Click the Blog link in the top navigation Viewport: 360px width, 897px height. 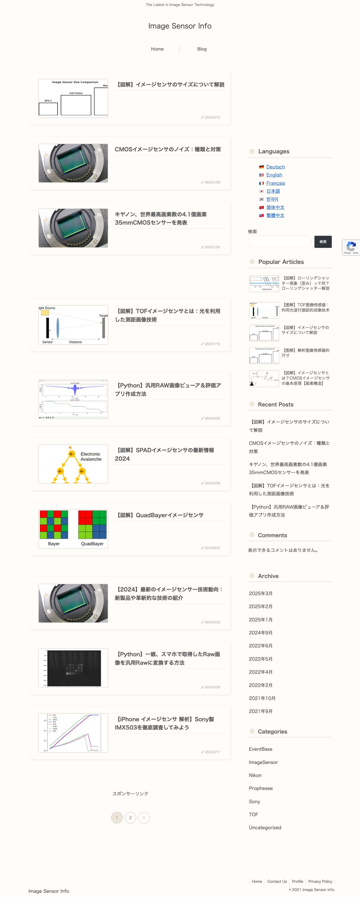(201, 49)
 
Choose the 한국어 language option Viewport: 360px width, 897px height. (272, 199)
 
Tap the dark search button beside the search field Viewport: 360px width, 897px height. (323, 242)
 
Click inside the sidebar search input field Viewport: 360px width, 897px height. (279, 242)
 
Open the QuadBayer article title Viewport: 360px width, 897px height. (159, 515)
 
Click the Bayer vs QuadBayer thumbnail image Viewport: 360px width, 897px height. (73, 529)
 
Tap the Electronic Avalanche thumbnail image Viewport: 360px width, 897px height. (73, 464)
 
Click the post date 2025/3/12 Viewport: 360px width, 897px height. (212, 117)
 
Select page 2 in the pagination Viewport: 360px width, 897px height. (130, 818)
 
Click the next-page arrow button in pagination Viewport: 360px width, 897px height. (144, 818)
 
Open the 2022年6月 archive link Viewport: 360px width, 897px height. (260, 646)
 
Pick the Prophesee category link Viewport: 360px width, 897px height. (260, 788)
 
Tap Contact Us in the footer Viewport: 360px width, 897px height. (277, 881)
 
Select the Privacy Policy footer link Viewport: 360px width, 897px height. (320, 881)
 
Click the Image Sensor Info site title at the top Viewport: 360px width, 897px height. (180, 26)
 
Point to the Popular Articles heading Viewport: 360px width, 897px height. (280, 262)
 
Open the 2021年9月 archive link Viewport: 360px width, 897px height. (260, 711)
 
